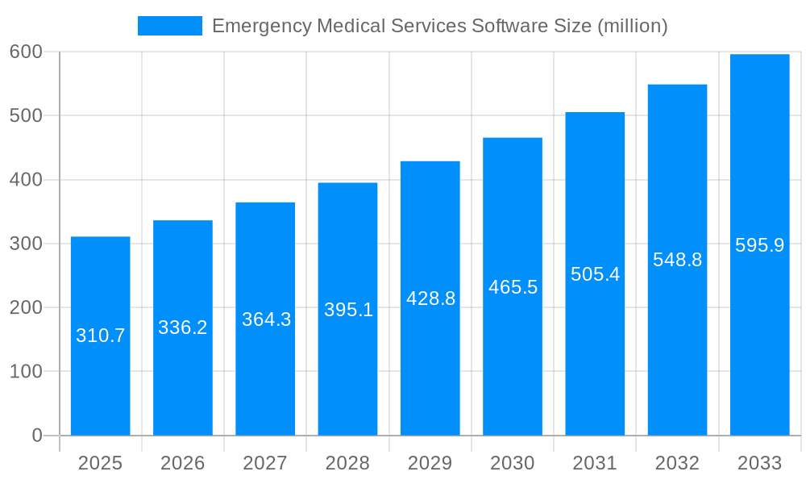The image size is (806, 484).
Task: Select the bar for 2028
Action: (x=347, y=363)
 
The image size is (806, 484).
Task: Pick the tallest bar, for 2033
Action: (x=759, y=339)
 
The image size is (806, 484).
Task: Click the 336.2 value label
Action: (x=183, y=328)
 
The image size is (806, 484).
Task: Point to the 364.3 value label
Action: (x=266, y=319)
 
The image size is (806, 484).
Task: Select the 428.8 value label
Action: (x=430, y=298)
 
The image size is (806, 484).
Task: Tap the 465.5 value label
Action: (x=513, y=287)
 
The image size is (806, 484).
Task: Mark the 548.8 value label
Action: (x=677, y=260)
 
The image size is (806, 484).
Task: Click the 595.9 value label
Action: (x=759, y=245)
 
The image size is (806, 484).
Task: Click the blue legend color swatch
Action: (x=170, y=26)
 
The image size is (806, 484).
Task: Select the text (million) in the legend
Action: (x=632, y=26)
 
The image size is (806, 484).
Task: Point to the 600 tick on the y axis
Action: (x=26, y=52)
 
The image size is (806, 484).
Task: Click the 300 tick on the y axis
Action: (x=26, y=244)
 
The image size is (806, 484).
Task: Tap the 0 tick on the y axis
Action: (x=37, y=436)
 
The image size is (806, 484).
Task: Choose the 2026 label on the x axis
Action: (x=183, y=463)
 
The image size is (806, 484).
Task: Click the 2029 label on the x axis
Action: (x=430, y=463)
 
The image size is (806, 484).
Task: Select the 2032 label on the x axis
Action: (x=677, y=463)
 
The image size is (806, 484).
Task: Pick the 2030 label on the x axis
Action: (x=513, y=463)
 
